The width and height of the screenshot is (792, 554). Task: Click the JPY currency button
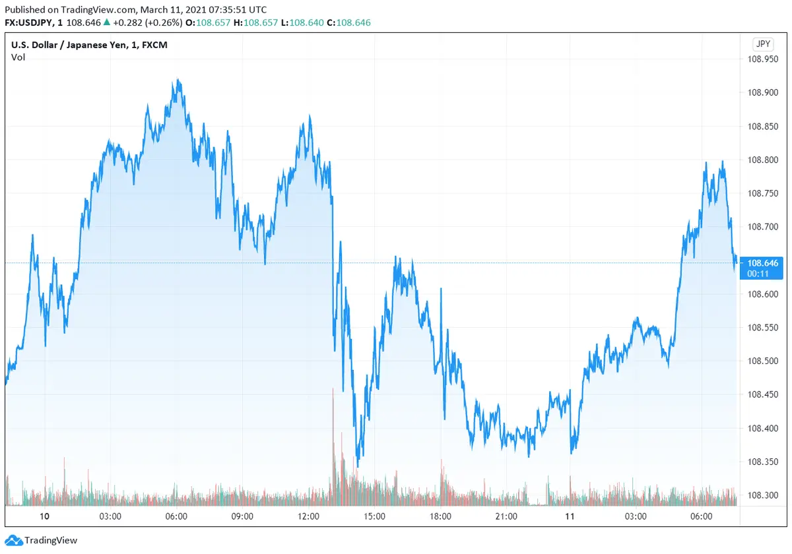point(763,44)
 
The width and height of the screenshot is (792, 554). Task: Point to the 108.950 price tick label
point(762,59)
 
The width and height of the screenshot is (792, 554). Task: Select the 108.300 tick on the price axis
point(762,495)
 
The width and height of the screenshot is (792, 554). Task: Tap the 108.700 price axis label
point(762,226)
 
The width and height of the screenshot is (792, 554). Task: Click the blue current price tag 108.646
point(763,263)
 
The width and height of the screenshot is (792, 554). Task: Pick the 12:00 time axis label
point(309,516)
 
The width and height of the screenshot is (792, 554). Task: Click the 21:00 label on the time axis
point(506,516)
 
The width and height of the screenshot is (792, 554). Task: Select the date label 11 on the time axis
point(570,516)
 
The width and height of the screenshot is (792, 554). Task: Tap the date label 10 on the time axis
point(45,516)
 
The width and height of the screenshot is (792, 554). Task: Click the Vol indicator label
point(18,57)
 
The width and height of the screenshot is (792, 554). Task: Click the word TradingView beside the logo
point(51,541)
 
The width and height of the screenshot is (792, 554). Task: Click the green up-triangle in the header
point(107,22)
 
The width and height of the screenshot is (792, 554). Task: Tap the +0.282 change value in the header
point(127,22)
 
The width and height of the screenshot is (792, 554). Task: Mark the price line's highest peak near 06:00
point(178,80)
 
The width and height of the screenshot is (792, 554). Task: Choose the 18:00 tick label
point(440,516)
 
